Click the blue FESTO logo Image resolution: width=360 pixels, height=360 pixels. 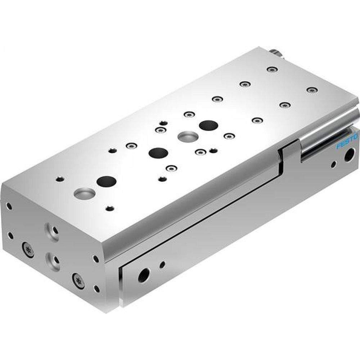(347, 141)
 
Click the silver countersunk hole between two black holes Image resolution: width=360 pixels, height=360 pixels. (188, 136)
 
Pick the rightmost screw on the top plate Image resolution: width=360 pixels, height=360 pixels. (311, 89)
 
